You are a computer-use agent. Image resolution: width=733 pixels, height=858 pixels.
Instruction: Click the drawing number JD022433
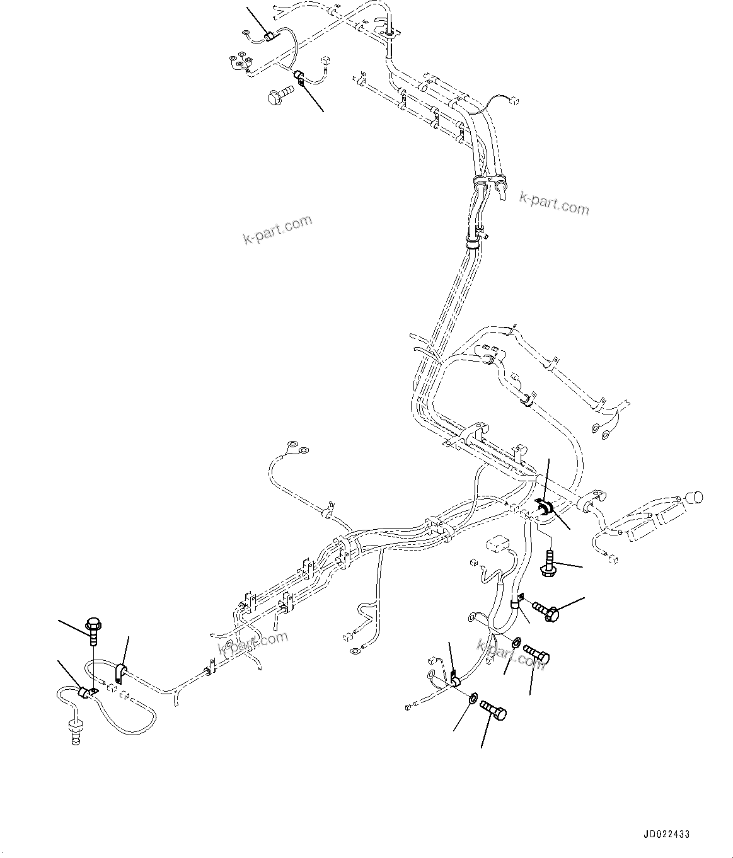[x=666, y=834]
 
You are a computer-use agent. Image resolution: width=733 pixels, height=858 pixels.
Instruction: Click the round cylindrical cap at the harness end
[x=693, y=497]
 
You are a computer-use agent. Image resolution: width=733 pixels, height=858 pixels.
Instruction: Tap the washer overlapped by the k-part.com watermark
[x=516, y=643]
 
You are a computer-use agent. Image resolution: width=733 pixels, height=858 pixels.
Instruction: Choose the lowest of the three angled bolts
[x=493, y=711]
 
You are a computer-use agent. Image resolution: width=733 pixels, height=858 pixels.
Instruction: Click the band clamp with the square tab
[x=517, y=601]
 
